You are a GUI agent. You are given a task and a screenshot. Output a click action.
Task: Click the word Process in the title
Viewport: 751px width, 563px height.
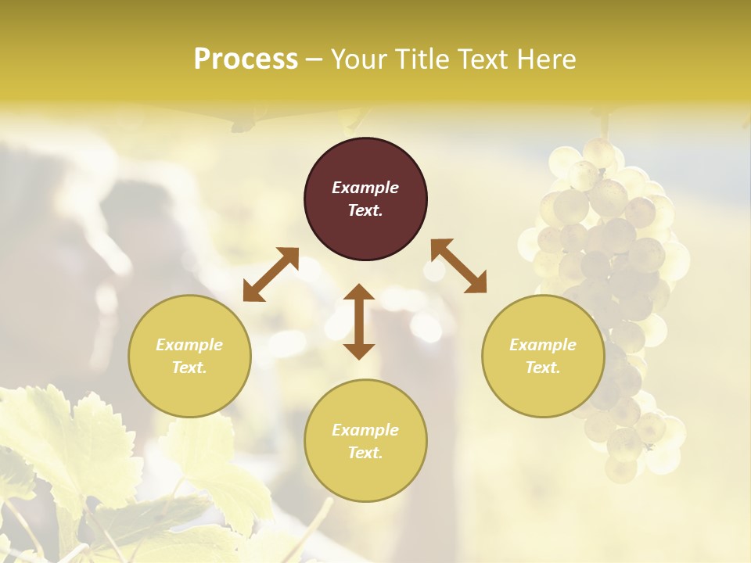[x=246, y=59]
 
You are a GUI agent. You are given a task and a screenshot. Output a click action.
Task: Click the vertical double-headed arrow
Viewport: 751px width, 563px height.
[x=359, y=321]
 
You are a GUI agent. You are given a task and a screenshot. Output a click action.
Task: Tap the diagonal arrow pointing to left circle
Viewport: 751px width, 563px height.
[x=271, y=274]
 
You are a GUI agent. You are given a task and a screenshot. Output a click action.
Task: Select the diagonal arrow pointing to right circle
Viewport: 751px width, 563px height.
[x=458, y=266]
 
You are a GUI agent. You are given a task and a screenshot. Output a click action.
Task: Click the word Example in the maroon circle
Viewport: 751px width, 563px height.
[x=365, y=188]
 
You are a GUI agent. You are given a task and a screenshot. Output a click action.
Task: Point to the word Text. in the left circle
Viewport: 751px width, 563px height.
[x=189, y=368]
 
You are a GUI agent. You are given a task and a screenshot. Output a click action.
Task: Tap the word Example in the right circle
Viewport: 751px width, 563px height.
[x=543, y=345]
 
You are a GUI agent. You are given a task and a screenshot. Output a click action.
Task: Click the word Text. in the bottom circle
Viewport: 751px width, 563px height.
[x=365, y=453]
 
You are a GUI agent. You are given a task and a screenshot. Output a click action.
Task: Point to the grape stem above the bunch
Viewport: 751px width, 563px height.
[x=604, y=124]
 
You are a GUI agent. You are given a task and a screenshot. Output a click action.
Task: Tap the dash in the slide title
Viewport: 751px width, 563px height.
[x=314, y=59]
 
